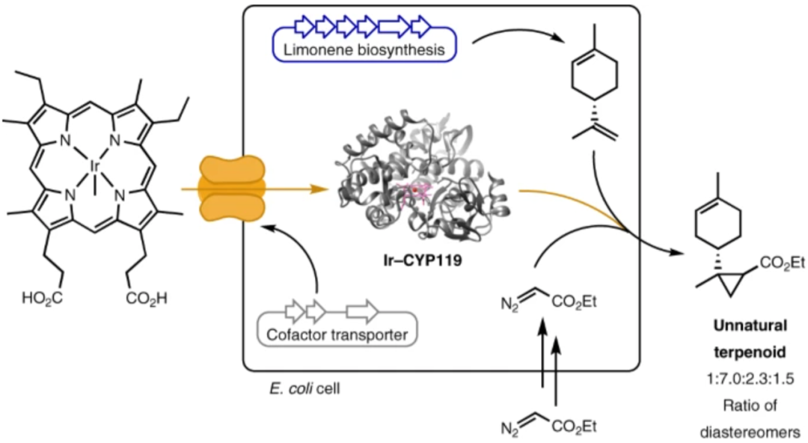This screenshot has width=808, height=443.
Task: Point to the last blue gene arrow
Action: pos(422,28)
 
